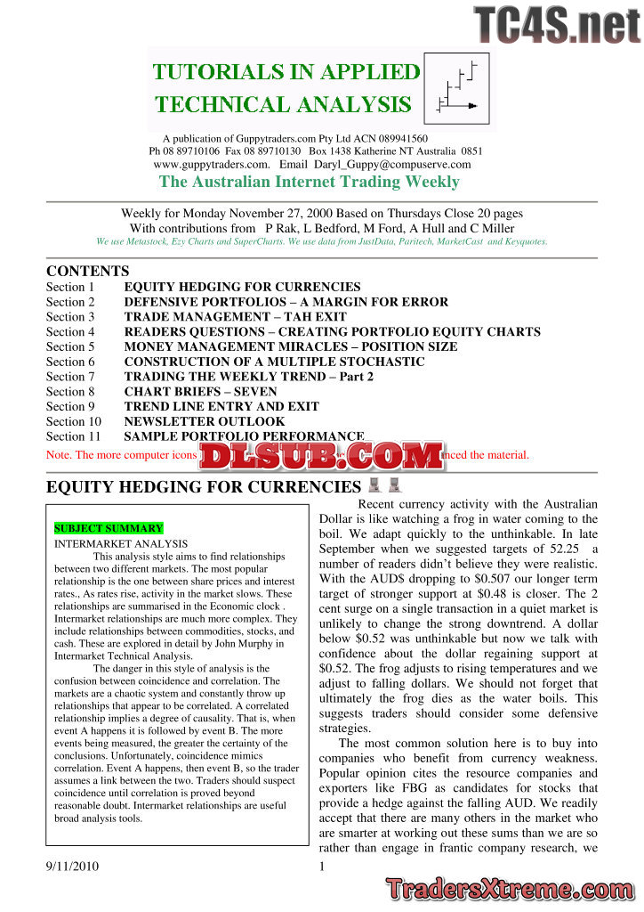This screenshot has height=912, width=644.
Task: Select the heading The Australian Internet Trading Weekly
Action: pyautogui.click(x=309, y=183)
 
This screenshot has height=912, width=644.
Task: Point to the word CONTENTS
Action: pyautogui.click(x=87, y=271)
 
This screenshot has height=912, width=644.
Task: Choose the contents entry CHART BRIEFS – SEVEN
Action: pyautogui.click(x=200, y=392)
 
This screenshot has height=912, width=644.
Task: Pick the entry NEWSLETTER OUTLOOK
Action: pyautogui.click(x=205, y=421)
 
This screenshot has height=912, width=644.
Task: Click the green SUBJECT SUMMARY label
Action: pyautogui.click(x=109, y=528)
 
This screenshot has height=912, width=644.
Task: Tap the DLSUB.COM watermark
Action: pyautogui.click(x=322, y=458)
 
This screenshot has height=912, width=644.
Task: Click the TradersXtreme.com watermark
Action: pyautogui.click(x=511, y=890)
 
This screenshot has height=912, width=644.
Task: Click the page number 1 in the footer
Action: pyautogui.click(x=321, y=866)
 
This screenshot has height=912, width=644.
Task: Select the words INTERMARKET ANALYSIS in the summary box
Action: pyautogui.click(x=121, y=543)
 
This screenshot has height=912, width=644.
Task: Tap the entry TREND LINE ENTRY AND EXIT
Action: pyautogui.click(x=221, y=406)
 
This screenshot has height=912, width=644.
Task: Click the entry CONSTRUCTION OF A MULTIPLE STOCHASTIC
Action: pyautogui.click(x=274, y=362)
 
